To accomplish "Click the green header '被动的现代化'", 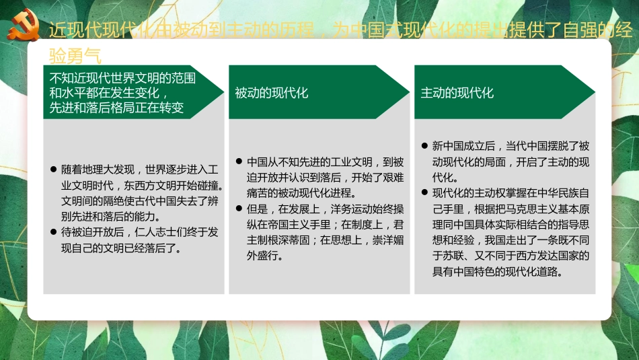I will (272, 93).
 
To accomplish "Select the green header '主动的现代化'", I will (457, 93).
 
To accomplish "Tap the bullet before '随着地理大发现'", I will (54, 169).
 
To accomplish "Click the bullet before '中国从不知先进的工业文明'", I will (239, 162).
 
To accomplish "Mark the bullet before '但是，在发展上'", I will (239, 209).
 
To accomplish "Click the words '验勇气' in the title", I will (75, 57).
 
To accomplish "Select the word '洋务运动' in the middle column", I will (349, 209).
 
